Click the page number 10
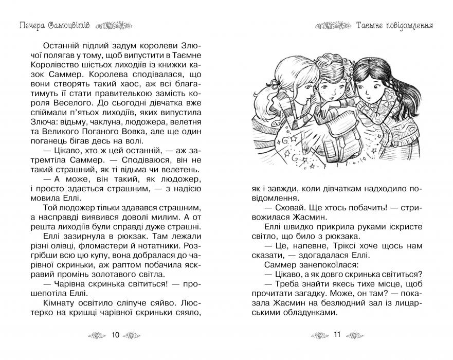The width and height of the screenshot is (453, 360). (x=115, y=335)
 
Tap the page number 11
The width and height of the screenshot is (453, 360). (x=337, y=335)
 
